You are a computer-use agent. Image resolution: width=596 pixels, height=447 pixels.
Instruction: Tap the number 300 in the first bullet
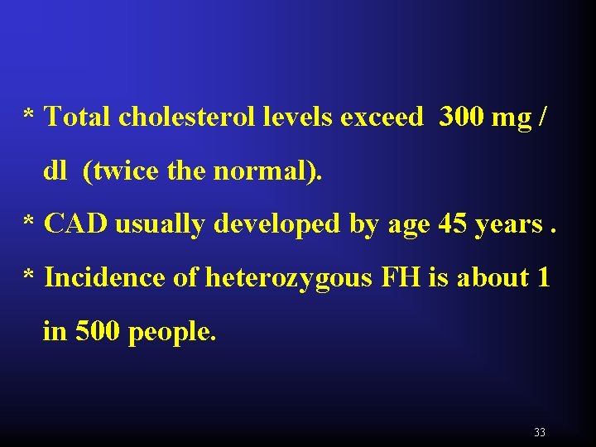pyautogui.click(x=461, y=118)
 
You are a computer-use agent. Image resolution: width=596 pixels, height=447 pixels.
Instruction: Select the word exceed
pyautogui.click(x=382, y=118)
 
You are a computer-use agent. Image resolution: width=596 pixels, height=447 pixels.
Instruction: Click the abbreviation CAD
pyautogui.click(x=76, y=223)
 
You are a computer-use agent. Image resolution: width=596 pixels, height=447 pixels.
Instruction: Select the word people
pyautogui.click(x=172, y=333)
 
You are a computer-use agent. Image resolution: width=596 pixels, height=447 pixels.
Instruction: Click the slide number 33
pyautogui.click(x=540, y=432)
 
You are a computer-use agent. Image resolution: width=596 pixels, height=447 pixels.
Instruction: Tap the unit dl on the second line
pyautogui.click(x=55, y=171)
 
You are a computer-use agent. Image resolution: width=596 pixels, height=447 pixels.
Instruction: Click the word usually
pyautogui.click(x=158, y=224)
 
